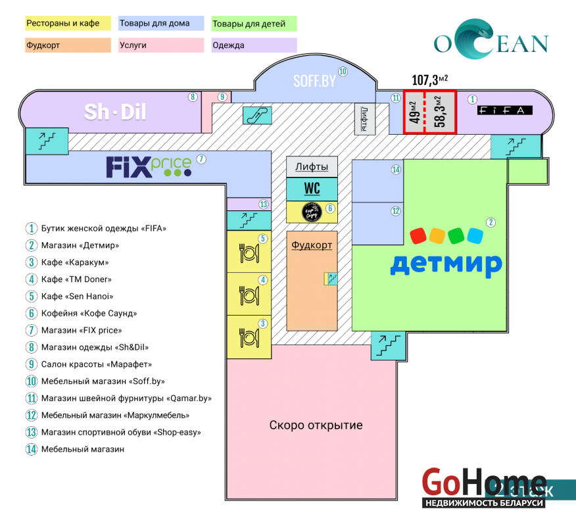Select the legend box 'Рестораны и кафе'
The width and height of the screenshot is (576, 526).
(x=68, y=24)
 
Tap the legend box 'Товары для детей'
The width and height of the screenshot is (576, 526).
(x=254, y=24)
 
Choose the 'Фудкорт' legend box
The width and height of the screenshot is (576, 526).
(x=68, y=45)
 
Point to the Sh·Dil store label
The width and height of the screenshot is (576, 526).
(x=114, y=112)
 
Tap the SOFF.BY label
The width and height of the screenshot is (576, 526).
(x=314, y=82)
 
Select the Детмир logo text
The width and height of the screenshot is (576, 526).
(x=446, y=262)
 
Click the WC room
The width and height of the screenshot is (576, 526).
(x=312, y=189)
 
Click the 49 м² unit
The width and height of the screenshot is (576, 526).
(x=414, y=112)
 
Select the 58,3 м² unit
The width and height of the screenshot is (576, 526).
(x=441, y=112)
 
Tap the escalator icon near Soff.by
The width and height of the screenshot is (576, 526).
(x=257, y=115)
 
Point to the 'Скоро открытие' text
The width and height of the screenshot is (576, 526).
(x=316, y=425)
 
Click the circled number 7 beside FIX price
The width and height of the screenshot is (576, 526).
(x=202, y=159)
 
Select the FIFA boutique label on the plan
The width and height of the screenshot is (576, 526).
(x=505, y=110)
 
